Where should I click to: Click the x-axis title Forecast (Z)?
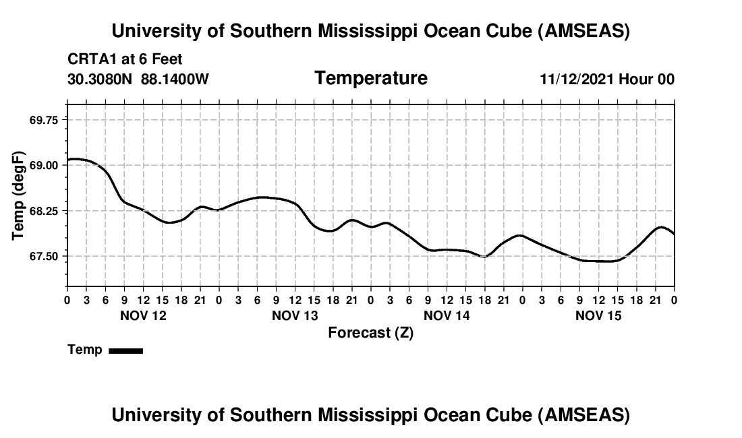click(x=370, y=332)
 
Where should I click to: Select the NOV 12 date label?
click(x=142, y=315)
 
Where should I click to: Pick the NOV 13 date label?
click(x=295, y=315)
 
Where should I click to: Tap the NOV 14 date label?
click(x=447, y=315)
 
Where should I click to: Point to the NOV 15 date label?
click(x=598, y=315)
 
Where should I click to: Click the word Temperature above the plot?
click(x=371, y=78)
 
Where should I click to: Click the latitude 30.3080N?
click(x=101, y=79)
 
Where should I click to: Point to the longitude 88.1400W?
click(x=175, y=79)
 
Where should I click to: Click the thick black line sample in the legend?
click(x=125, y=350)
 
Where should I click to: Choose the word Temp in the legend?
click(x=85, y=350)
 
